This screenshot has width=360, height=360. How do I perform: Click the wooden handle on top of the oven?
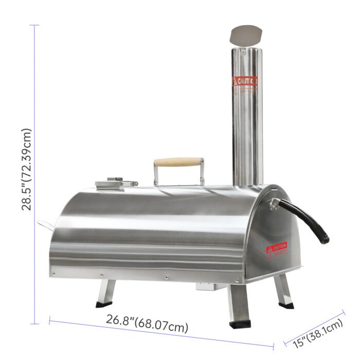[x=178, y=163]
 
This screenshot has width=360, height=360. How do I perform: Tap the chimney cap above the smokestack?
[x=245, y=36]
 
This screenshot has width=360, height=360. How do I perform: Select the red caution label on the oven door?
[x=277, y=249]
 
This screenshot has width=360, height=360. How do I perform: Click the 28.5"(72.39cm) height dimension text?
[x=27, y=170]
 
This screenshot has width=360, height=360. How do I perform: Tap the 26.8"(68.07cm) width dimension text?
[x=147, y=323]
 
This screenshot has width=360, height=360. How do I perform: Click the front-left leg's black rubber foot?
[x=103, y=304]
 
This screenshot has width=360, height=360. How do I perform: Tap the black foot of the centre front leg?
[x=239, y=325]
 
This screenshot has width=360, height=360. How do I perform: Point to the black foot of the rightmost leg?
[x=286, y=305]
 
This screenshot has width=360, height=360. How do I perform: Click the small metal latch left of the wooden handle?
[x=116, y=183]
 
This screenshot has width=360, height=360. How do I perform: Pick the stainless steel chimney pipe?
[x=247, y=118]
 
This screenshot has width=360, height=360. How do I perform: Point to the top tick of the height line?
[x=35, y=25]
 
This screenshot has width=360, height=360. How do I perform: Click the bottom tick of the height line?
[x=35, y=324]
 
